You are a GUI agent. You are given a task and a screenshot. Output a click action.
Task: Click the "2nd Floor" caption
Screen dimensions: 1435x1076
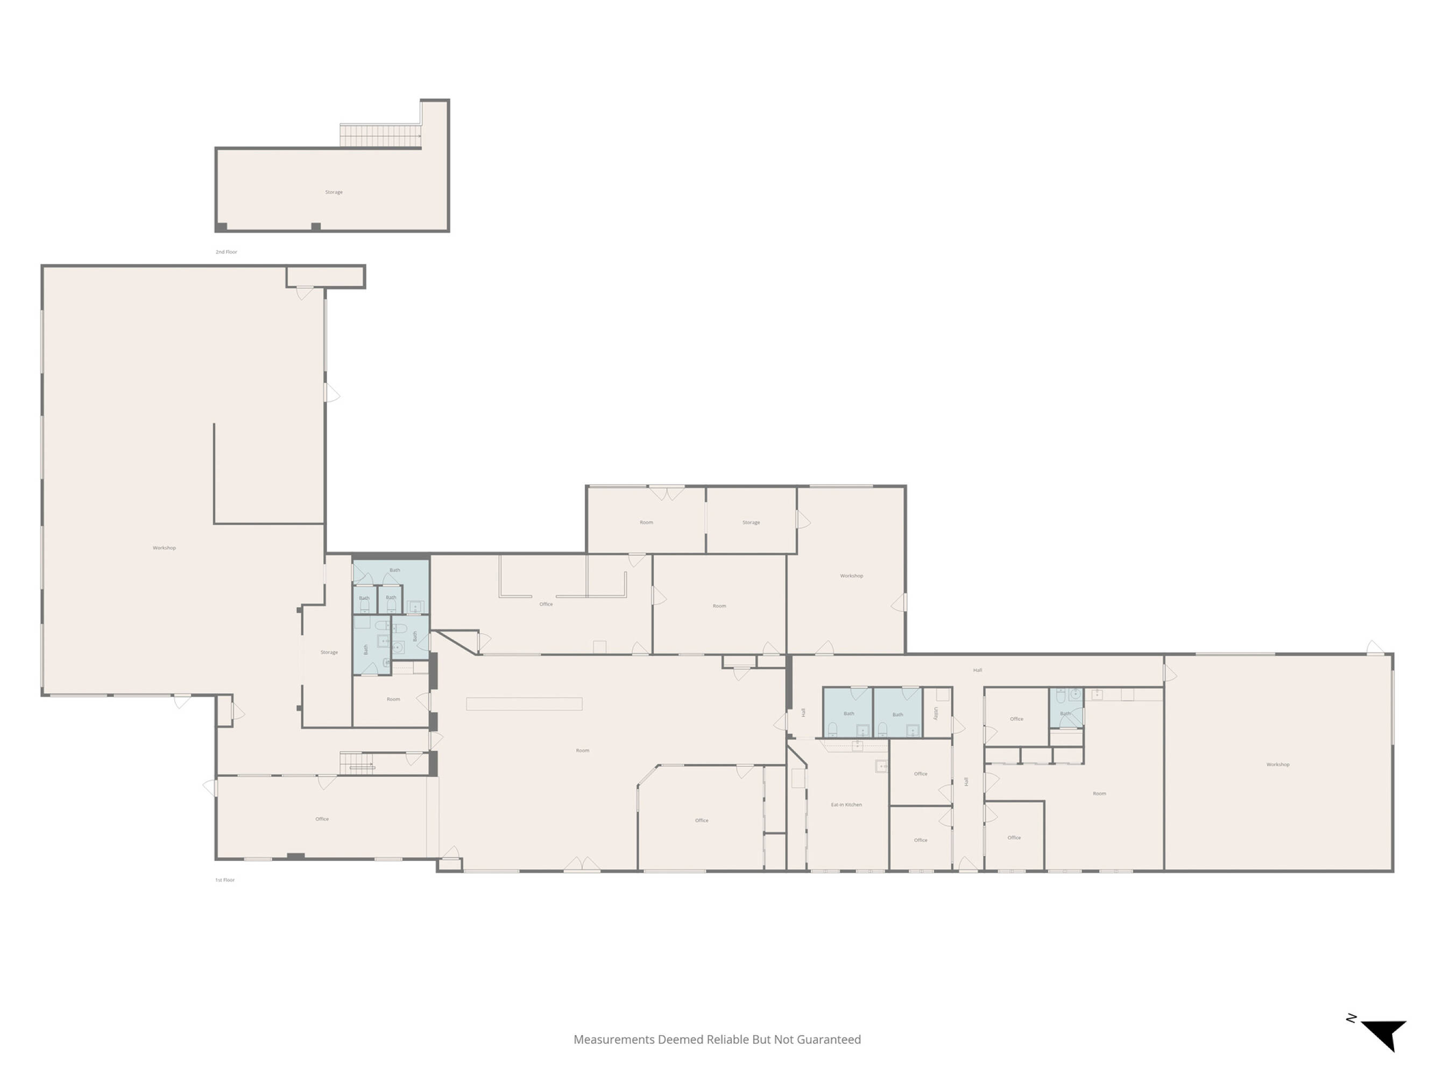tap(227, 252)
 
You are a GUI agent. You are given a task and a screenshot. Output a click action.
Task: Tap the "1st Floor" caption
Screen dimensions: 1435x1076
tap(225, 880)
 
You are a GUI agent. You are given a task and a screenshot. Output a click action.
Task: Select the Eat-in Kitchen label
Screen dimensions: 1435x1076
tap(846, 805)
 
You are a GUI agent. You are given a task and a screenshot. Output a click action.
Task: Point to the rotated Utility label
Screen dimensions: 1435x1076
tap(936, 713)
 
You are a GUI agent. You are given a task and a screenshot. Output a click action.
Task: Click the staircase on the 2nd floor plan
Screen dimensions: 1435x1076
tap(381, 136)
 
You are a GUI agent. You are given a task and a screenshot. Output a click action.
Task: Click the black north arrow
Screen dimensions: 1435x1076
tap(1384, 1035)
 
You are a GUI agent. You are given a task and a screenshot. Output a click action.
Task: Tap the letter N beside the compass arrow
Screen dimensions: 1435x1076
tap(1351, 1018)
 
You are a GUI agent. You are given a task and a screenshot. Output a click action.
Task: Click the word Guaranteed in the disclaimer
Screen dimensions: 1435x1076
tap(829, 1039)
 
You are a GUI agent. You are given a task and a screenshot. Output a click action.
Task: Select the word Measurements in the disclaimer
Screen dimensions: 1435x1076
tap(614, 1039)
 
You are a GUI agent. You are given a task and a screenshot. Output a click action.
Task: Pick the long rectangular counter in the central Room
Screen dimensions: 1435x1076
tap(524, 704)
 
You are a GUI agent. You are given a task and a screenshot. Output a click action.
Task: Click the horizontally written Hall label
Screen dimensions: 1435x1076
tap(978, 670)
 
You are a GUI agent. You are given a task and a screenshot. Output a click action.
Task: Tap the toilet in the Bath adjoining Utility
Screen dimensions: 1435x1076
tap(882, 730)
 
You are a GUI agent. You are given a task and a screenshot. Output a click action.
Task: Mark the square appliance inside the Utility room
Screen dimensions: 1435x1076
tap(943, 695)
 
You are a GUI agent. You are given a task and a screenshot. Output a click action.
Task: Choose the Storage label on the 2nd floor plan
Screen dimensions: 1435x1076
tap(334, 192)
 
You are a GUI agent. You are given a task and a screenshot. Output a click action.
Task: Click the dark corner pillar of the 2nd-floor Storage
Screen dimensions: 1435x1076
tap(221, 227)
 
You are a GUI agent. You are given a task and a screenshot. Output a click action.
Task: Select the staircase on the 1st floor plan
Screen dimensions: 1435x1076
tap(357, 763)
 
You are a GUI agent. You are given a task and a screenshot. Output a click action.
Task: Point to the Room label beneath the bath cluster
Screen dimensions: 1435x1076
tap(393, 699)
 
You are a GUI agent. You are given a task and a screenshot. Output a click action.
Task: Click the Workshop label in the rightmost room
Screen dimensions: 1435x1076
tap(1278, 764)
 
